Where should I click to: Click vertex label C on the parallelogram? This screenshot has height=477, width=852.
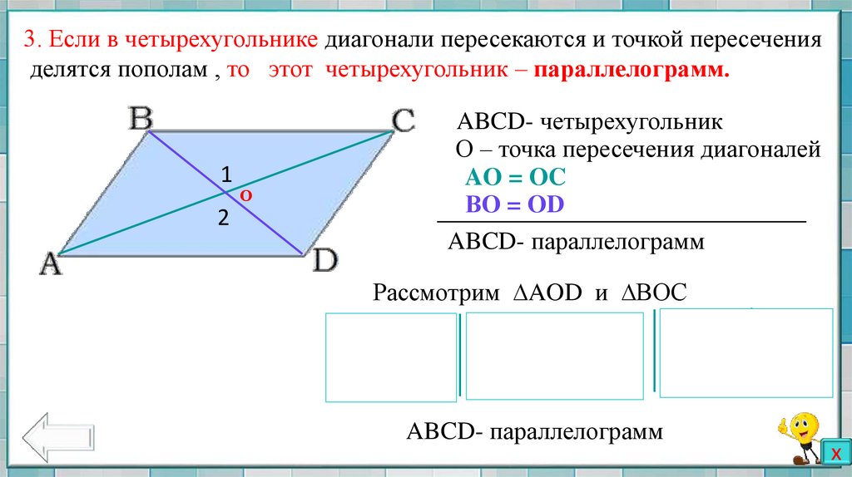[x=403, y=121]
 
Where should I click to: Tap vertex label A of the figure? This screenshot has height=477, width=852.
[x=51, y=264]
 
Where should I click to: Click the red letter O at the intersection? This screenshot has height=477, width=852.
[x=245, y=195]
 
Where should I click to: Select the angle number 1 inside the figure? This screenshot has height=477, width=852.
[x=225, y=174]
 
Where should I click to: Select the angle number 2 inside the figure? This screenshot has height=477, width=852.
[x=223, y=219]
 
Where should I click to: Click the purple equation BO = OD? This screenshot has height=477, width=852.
[x=514, y=204]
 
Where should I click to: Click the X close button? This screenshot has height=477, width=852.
[x=833, y=454]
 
